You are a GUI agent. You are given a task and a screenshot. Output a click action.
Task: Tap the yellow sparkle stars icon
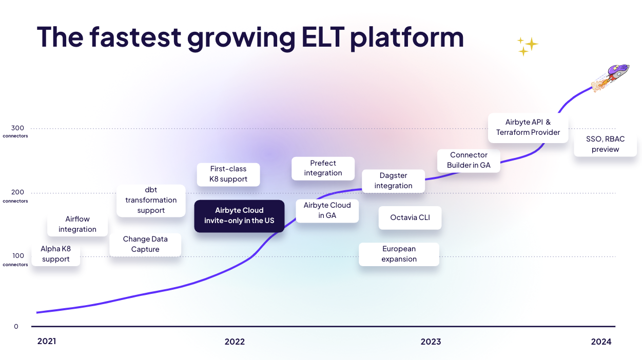(527, 46)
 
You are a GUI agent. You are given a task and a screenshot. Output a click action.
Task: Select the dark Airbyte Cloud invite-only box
(239, 216)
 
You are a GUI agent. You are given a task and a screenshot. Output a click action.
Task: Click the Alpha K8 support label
(56, 254)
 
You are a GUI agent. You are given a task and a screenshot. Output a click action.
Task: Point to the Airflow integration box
(77, 225)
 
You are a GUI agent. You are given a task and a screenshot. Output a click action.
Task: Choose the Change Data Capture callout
(145, 244)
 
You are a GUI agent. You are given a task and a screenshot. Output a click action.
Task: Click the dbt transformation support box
(151, 201)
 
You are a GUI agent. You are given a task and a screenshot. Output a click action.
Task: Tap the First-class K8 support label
(228, 174)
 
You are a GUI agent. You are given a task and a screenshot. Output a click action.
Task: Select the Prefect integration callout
(323, 168)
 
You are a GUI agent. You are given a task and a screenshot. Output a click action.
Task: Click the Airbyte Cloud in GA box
(327, 210)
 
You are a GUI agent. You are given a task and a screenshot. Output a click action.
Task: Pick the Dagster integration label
(393, 181)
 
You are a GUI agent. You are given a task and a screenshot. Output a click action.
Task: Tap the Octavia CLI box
(410, 217)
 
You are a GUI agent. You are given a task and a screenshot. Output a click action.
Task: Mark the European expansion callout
(399, 254)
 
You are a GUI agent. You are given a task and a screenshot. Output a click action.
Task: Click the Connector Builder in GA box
(469, 160)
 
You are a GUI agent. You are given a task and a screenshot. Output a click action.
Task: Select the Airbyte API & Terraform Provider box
(528, 127)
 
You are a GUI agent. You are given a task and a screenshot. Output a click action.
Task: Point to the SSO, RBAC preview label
(606, 144)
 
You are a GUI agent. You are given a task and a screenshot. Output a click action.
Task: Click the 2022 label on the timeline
(235, 342)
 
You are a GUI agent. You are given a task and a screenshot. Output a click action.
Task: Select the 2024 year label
(601, 342)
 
